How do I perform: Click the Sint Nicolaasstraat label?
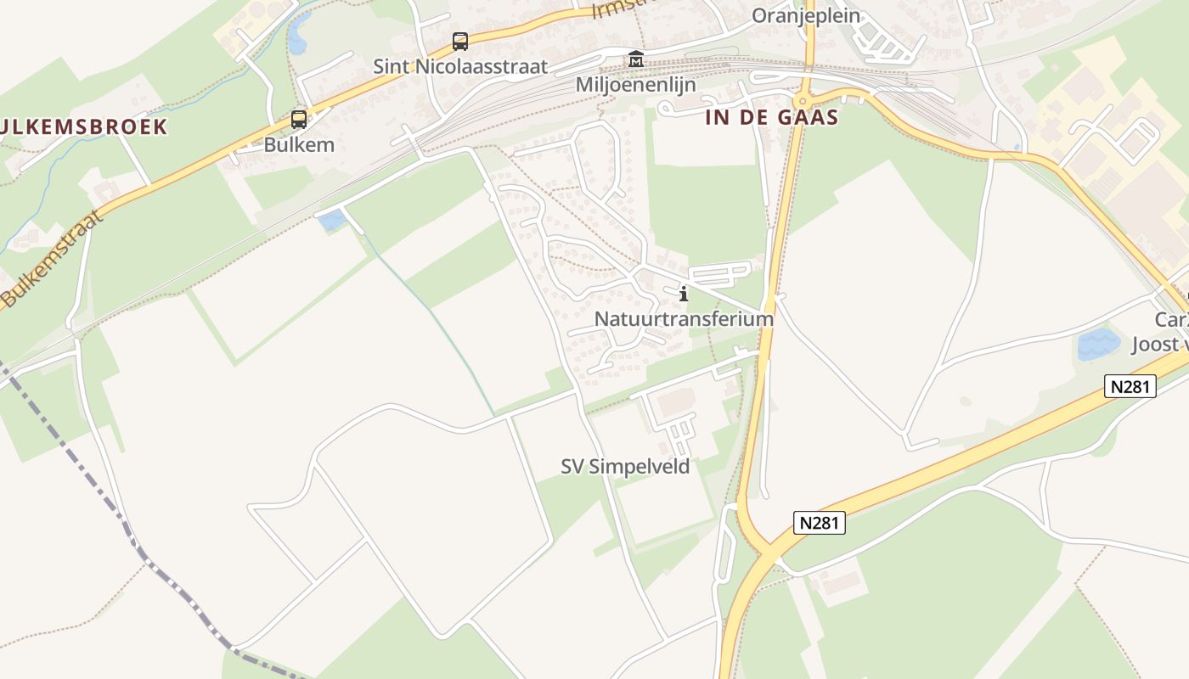(460, 66)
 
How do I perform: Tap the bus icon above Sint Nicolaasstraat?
(459, 41)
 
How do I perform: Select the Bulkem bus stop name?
(299, 144)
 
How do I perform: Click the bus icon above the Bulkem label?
(298, 120)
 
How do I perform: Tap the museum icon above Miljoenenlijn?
(635, 59)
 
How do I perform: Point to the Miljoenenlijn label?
(635, 85)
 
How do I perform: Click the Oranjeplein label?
(805, 15)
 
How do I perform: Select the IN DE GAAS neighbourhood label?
(771, 117)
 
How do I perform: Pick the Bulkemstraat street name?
(51, 259)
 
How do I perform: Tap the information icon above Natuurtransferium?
(684, 294)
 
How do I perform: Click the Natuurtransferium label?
(684, 319)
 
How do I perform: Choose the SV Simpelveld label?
(625, 466)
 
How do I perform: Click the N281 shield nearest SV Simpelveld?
(820, 522)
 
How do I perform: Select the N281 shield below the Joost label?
(1130, 386)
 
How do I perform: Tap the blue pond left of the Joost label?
(1098, 345)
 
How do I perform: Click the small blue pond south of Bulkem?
(331, 221)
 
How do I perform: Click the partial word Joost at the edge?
(1159, 344)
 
